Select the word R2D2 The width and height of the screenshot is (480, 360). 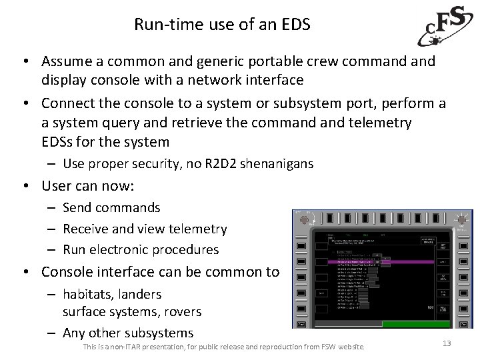tap(219, 164)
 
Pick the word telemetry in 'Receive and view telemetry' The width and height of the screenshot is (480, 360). tap(199, 229)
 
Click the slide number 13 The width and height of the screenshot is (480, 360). tap(446, 343)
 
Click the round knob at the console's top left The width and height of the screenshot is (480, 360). tap(307, 219)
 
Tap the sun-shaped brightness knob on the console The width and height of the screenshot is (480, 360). tap(461, 219)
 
